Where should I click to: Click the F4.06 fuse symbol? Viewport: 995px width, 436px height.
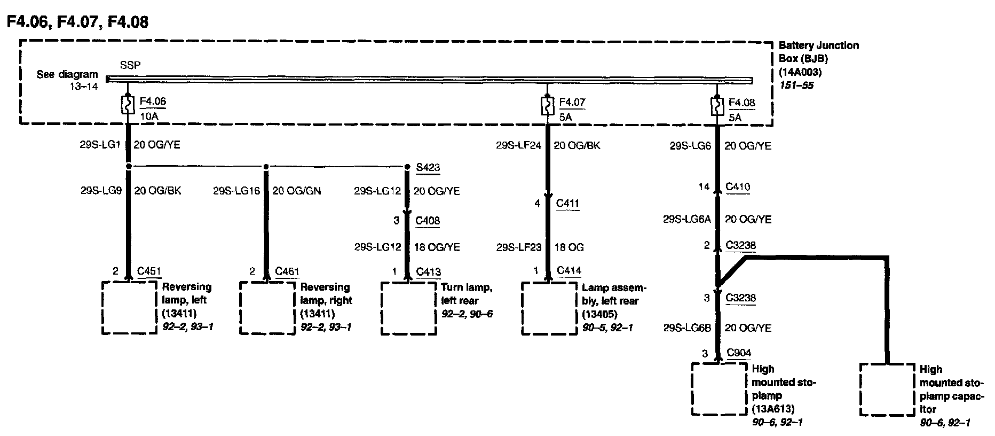point(128,105)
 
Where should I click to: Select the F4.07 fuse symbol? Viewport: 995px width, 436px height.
point(547,105)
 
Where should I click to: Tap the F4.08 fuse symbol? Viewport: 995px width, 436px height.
point(717,106)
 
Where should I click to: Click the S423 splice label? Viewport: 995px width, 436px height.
point(428,167)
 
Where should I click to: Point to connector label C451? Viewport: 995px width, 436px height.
point(149,271)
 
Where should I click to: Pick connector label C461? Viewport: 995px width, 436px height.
point(287,271)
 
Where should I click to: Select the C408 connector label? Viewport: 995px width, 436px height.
point(428,221)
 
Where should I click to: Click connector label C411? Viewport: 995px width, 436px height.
point(567,204)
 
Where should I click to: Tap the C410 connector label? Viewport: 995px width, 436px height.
point(738,187)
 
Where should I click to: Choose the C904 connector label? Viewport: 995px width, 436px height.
point(739,353)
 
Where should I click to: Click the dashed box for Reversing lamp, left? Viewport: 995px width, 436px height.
point(129,308)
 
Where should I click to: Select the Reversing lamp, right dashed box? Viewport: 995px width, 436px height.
point(267,308)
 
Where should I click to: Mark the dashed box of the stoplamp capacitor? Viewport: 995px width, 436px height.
point(887,390)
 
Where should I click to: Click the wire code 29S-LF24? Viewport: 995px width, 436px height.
point(518,145)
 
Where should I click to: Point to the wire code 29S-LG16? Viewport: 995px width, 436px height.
point(236,191)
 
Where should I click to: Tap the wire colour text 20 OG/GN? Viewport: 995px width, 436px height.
point(297,191)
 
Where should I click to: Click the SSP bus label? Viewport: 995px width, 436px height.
point(130,65)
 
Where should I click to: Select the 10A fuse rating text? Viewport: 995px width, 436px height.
point(149,116)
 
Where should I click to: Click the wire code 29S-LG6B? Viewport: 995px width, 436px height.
point(687,328)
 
